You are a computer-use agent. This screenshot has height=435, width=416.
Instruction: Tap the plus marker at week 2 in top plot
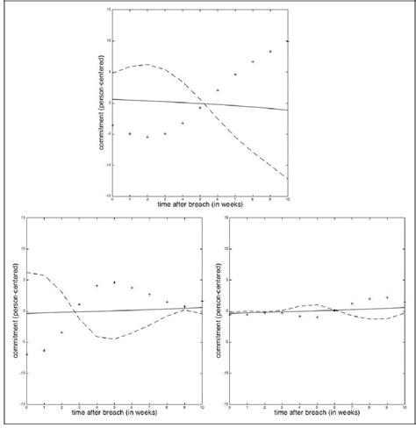coord(147,137)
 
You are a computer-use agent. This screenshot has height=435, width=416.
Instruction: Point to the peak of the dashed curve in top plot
coord(147,64)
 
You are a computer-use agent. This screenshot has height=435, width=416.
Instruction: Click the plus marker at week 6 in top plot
coord(218,90)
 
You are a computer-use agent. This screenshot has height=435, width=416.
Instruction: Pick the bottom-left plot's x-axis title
coord(115,410)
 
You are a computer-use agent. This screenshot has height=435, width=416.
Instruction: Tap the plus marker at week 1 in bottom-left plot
coord(44,350)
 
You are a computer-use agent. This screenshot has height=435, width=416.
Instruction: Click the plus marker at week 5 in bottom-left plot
coord(115,282)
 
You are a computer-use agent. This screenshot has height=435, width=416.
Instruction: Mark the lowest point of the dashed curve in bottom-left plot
coord(112,339)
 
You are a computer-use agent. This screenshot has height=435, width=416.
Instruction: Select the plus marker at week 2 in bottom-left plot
coord(61,332)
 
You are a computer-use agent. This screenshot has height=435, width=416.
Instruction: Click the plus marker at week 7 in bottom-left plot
coord(150,294)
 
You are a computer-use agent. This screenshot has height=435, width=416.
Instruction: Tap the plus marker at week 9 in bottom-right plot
coord(387,297)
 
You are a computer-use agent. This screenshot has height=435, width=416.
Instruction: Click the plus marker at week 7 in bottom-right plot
coord(352,304)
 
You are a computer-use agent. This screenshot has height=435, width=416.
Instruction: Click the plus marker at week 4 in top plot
coord(183,123)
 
